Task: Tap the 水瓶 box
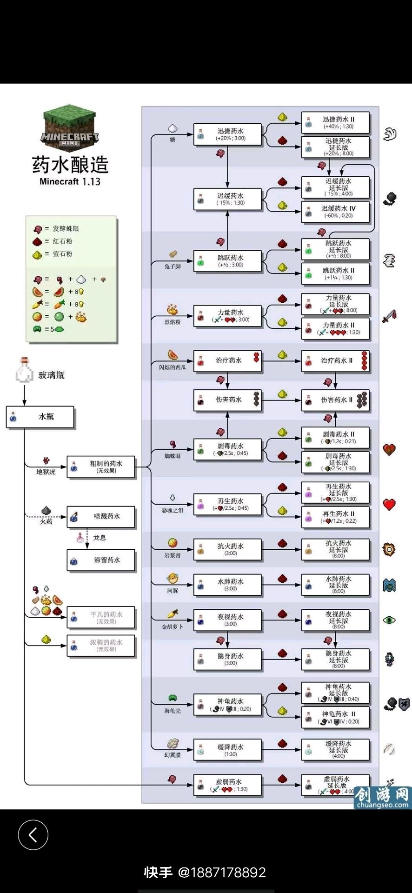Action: click(40, 417)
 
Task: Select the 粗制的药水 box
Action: click(101, 467)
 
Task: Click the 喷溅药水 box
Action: click(101, 516)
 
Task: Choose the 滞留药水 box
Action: click(101, 560)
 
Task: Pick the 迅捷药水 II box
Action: click(335, 123)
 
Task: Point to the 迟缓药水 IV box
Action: click(335, 212)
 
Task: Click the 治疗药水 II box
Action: click(335, 360)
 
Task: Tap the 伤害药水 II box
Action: click(335, 400)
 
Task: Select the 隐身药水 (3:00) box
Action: click(227, 659)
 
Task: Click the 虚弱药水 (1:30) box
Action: click(227, 785)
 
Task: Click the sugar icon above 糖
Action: click(173, 128)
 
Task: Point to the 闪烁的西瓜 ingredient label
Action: click(173, 367)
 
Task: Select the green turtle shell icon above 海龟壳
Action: click(173, 698)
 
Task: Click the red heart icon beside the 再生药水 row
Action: click(389, 505)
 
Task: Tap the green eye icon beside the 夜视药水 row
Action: click(389, 620)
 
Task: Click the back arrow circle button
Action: click(33, 835)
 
